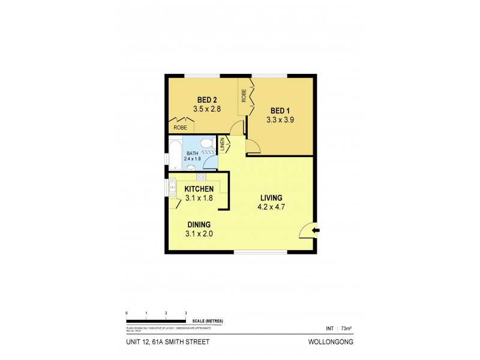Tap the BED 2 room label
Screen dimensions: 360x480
[207, 100]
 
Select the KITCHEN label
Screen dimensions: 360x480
[199, 189]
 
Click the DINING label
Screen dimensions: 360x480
[199, 224]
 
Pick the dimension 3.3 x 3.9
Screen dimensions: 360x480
[280, 120]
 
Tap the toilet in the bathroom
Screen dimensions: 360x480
[207, 144]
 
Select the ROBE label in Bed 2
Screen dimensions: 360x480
[180, 128]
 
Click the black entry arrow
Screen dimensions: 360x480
[316, 230]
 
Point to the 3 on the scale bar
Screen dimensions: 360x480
[186, 314]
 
